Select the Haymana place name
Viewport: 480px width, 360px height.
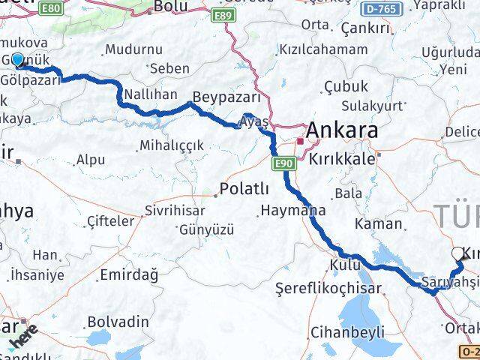[x=289, y=210]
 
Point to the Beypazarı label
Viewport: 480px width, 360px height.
[x=226, y=97]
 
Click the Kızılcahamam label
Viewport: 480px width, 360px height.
[x=324, y=49]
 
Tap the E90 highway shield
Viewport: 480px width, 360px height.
[x=283, y=163]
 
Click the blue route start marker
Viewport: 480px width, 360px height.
[x=17, y=59]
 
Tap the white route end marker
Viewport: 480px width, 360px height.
[x=458, y=254]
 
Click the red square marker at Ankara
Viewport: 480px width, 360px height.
[x=299, y=140]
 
